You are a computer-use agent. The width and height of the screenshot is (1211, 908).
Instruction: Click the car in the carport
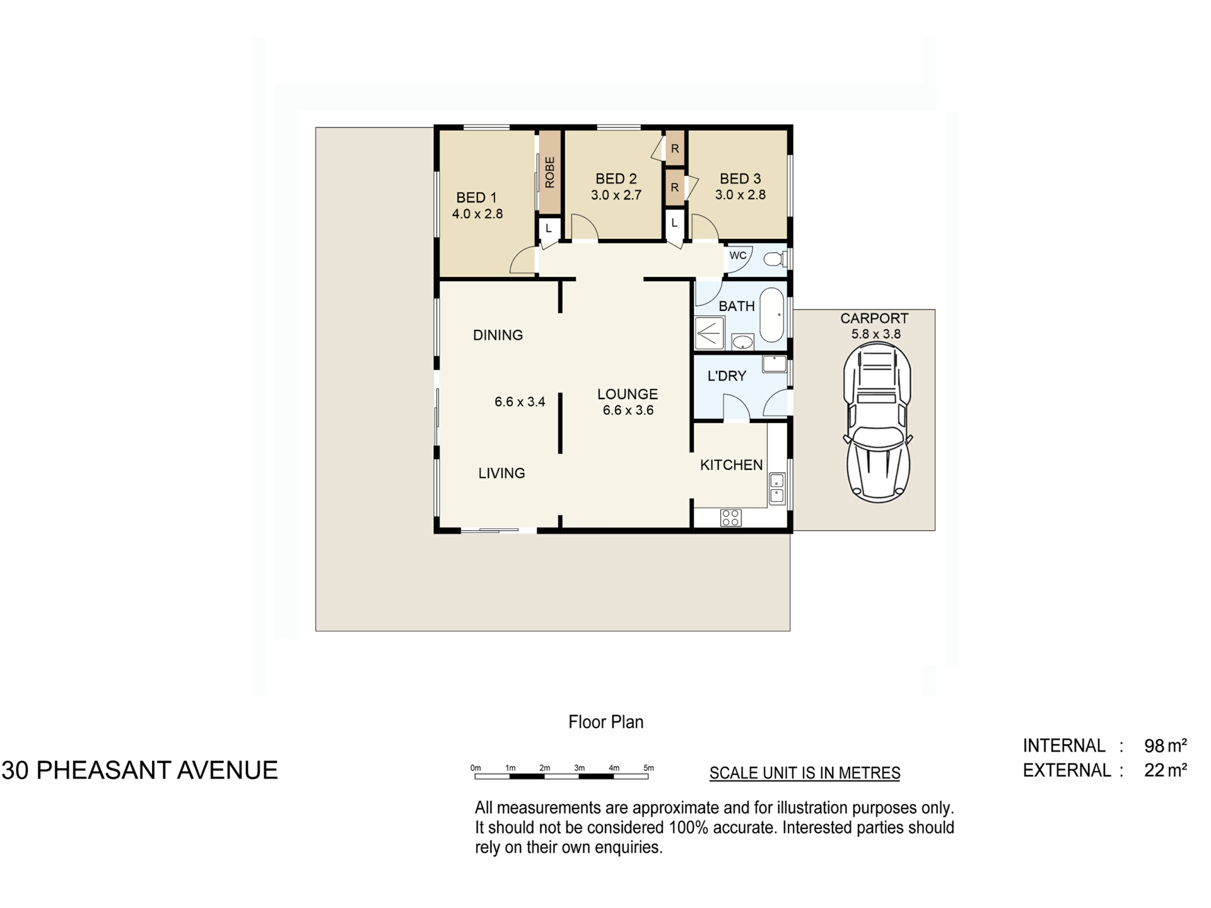click(877, 426)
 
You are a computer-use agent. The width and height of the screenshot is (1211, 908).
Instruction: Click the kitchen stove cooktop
click(730, 518)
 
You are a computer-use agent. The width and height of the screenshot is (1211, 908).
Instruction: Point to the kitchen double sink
click(777, 488)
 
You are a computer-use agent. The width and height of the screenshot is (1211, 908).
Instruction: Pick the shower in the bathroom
click(710, 333)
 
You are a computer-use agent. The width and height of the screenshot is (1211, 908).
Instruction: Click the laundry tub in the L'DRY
click(774, 364)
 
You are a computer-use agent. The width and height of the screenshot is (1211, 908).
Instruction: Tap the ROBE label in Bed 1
click(549, 172)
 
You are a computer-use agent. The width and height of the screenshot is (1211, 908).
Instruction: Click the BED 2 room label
click(616, 179)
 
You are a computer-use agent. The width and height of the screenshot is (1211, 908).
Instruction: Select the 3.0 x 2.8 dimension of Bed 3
click(740, 195)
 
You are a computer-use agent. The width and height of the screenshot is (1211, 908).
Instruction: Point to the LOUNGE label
click(628, 394)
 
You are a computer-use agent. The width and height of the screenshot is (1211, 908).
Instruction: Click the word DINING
click(498, 335)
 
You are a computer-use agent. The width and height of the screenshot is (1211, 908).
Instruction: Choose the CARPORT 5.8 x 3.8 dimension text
click(876, 334)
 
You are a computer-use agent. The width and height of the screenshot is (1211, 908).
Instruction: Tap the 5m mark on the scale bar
click(648, 768)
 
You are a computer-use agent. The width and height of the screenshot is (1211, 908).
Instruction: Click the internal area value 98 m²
click(1166, 746)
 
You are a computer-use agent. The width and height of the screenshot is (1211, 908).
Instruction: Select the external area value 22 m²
click(1166, 771)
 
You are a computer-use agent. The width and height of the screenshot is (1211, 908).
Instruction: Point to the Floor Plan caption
click(606, 722)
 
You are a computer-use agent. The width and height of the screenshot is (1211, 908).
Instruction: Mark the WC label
click(738, 255)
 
